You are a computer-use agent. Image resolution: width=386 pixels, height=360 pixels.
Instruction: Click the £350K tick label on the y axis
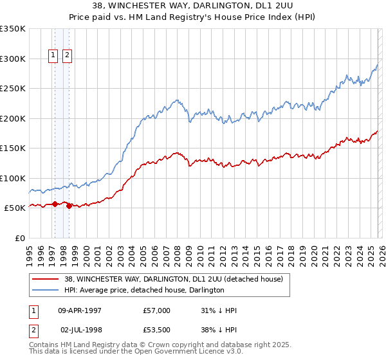[x=12, y=29]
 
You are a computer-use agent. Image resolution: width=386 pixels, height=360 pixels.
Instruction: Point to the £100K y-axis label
[x=12, y=178]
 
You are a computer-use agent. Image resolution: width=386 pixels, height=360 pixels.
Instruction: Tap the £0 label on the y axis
[x=20, y=238]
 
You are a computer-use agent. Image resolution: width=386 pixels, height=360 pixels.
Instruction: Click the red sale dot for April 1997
[x=55, y=204]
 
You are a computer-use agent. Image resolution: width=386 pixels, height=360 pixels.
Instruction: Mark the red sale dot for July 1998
[x=69, y=206]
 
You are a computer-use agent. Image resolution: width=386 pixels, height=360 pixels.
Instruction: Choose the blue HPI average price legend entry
[x=144, y=291]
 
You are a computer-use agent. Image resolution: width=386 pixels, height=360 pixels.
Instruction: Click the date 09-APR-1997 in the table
[x=80, y=310]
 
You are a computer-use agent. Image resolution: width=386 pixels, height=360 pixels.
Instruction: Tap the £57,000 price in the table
[x=157, y=310]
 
